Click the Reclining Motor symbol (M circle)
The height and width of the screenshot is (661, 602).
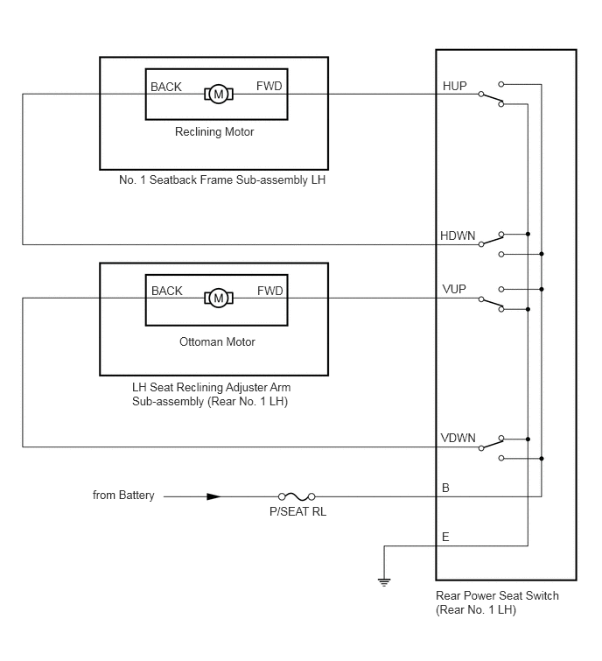219,94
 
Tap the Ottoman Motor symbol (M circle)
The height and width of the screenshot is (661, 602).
219,298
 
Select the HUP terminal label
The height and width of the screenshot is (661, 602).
454,86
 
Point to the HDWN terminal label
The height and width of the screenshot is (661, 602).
458,236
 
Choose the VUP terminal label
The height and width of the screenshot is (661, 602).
454,289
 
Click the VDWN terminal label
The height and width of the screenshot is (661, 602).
458,438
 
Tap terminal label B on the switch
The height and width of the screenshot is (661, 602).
445,488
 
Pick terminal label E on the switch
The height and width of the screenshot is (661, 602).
445,537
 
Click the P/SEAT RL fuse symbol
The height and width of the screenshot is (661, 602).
297,496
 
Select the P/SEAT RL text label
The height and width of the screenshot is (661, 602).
297,511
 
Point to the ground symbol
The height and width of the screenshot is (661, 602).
384,582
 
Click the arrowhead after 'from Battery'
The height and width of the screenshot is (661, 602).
213,496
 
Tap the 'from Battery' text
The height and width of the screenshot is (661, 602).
123,495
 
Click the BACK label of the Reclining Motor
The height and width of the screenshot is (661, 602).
166,87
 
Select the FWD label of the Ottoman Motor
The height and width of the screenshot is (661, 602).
270,291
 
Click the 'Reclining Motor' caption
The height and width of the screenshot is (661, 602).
214,132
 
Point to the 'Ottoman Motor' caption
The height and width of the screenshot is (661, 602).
217,341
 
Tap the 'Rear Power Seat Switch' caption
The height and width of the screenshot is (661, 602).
497,595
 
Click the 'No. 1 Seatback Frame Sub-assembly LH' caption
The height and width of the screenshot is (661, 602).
222,180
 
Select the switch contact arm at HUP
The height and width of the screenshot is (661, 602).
491,99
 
